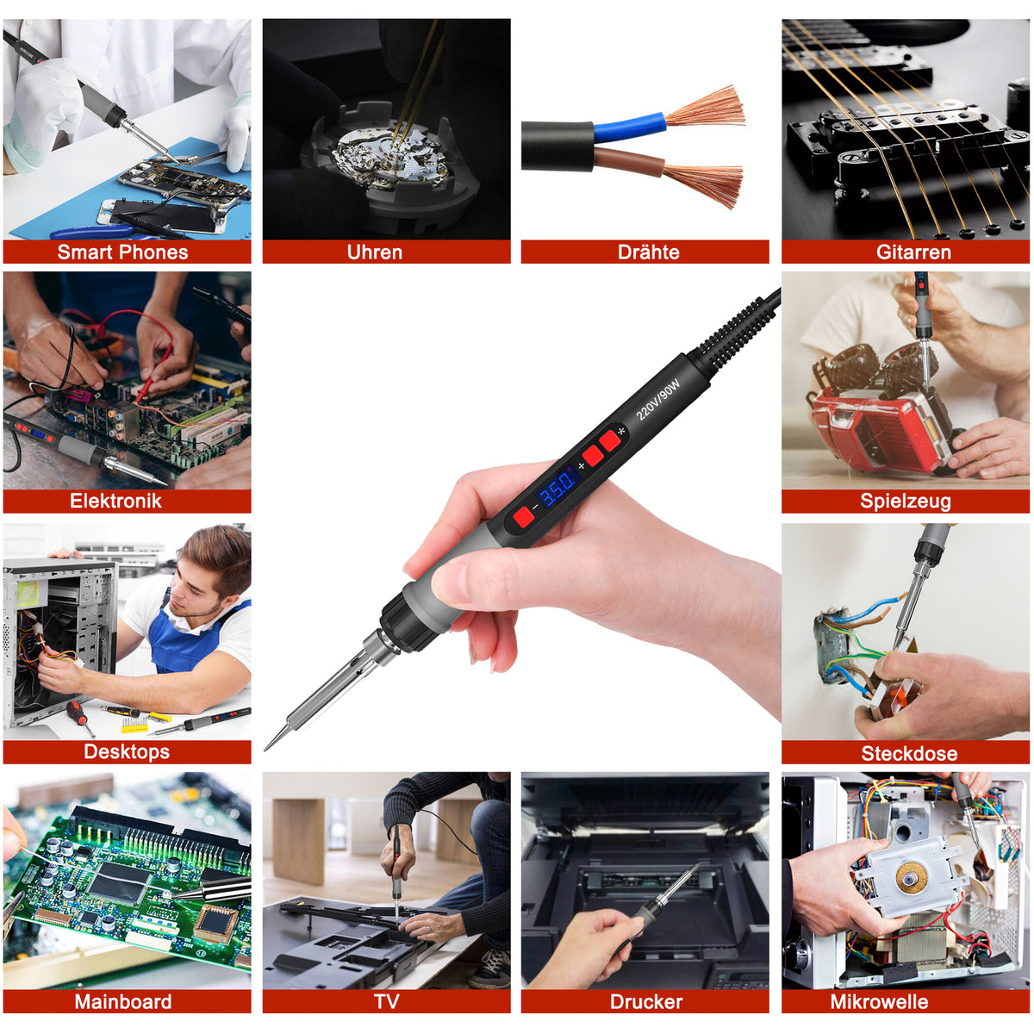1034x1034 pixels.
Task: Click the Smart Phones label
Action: (x=122, y=252)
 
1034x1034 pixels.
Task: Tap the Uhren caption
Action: (x=374, y=252)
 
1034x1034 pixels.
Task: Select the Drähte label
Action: (x=648, y=252)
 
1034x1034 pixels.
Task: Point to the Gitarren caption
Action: (x=913, y=252)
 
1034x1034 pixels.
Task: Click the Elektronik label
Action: (x=115, y=501)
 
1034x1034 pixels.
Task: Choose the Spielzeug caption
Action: (x=905, y=501)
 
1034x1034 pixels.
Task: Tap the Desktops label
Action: (x=127, y=751)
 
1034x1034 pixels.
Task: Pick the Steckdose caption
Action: (x=908, y=753)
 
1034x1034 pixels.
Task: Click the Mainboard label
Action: (x=122, y=1001)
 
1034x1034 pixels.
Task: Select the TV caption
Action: (x=386, y=1001)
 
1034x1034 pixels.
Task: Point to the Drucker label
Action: (x=645, y=1001)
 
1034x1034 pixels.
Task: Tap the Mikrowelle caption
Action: (x=879, y=1001)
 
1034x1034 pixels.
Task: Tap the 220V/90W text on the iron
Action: (x=657, y=399)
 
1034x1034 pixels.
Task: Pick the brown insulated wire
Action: (x=629, y=161)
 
